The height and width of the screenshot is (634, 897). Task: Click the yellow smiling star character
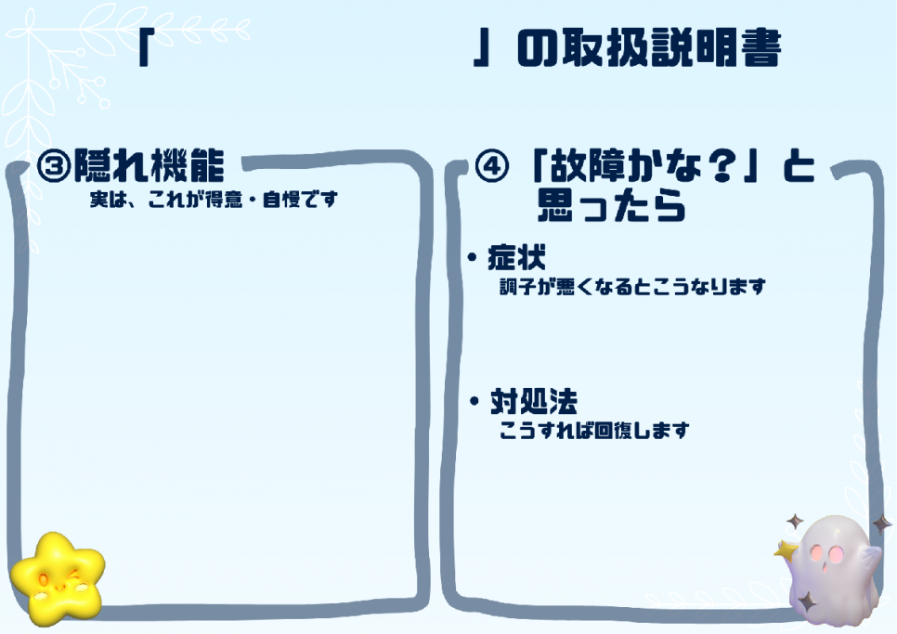click(x=58, y=578)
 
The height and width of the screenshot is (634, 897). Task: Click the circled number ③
click(x=54, y=165)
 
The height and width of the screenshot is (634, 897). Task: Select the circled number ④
click(x=492, y=166)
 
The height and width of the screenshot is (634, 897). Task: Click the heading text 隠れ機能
click(x=149, y=165)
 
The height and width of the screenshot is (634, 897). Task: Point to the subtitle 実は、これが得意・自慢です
click(x=214, y=200)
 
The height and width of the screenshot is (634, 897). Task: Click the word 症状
click(x=516, y=257)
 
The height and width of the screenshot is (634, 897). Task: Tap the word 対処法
click(x=534, y=401)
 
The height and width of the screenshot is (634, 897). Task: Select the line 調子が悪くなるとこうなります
click(x=632, y=287)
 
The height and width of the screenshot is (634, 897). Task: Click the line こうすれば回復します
click(x=594, y=430)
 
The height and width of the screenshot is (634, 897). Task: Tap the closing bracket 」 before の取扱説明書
click(x=482, y=48)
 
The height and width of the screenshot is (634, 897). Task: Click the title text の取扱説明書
click(x=649, y=47)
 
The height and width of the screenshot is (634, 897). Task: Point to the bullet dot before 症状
click(x=472, y=258)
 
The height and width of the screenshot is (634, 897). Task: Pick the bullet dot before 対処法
click(x=474, y=401)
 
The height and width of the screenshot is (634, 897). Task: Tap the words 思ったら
click(x=612, y=206)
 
